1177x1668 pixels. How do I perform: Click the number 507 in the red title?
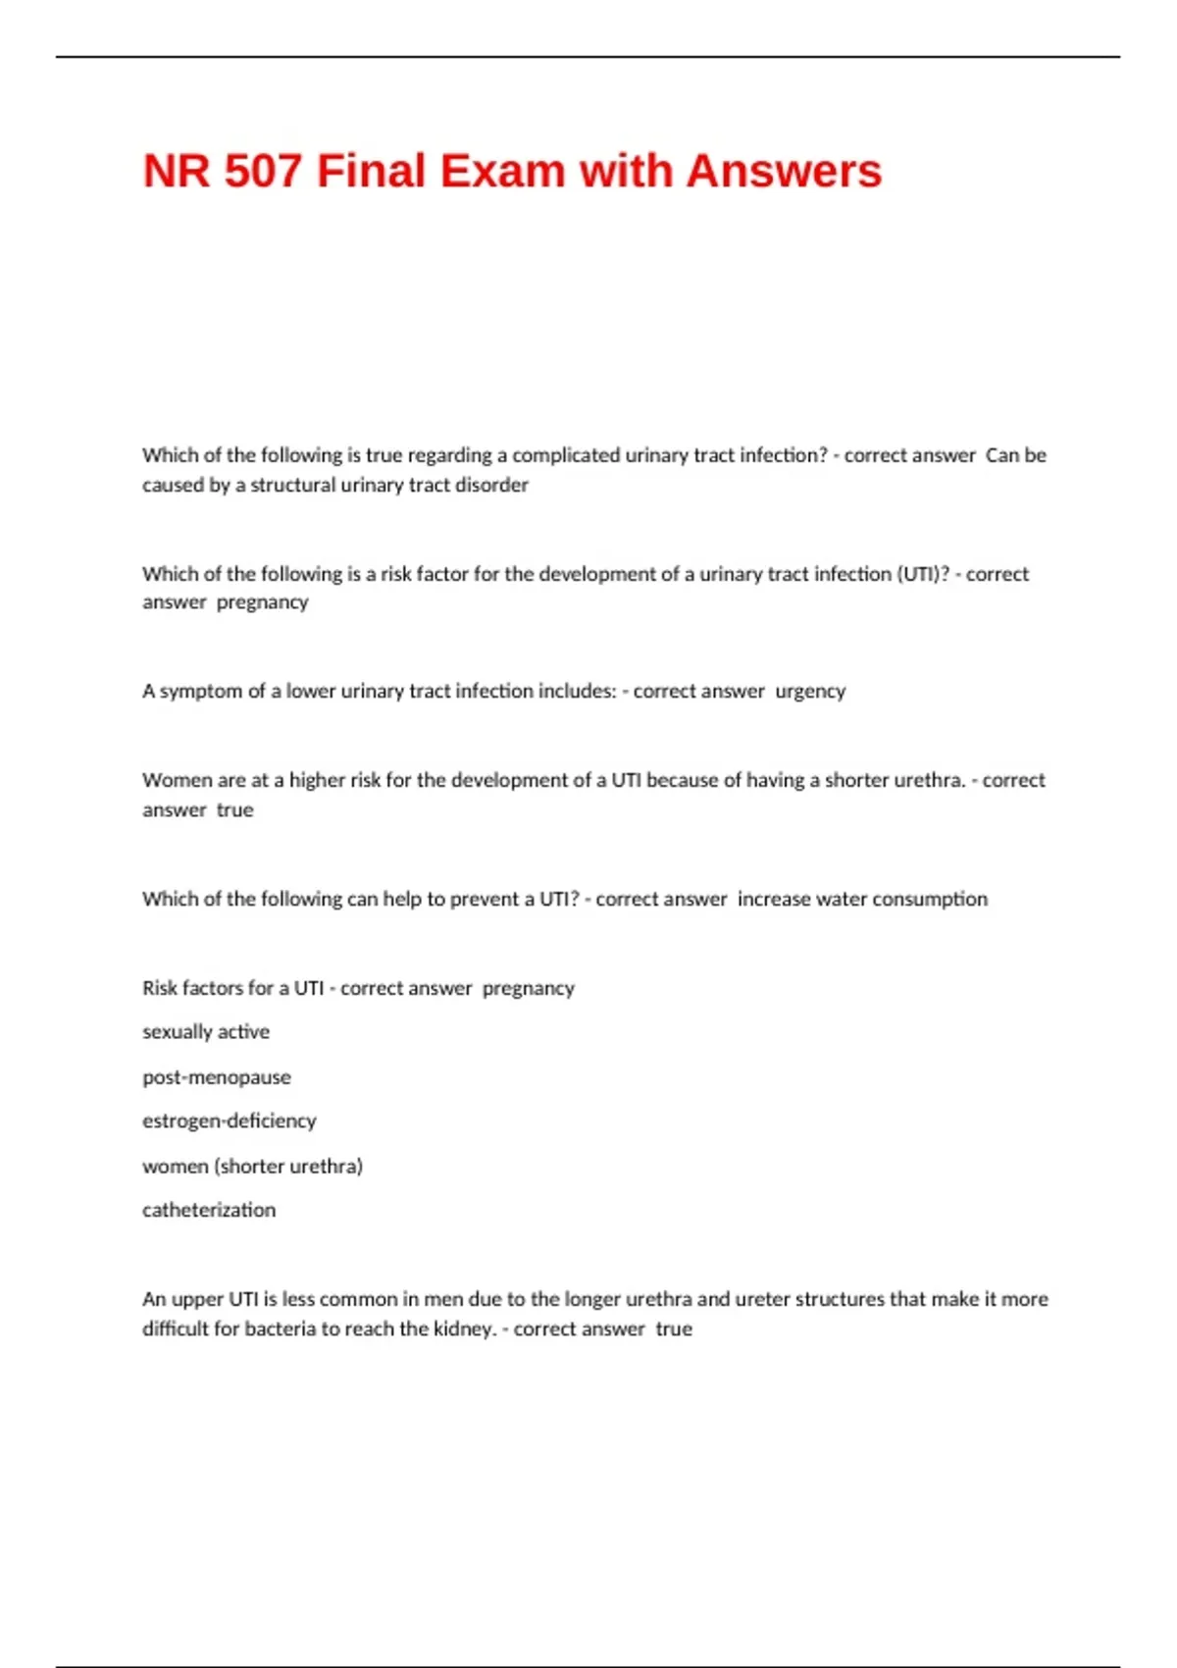262,171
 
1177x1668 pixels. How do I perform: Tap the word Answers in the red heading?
784,171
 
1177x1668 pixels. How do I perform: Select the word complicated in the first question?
566,455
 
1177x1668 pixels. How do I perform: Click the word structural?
293,485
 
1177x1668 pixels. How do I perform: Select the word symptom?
200,692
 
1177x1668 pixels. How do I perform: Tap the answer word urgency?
810,692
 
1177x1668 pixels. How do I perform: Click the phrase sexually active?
206,1032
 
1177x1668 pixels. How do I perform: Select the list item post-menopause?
217,1077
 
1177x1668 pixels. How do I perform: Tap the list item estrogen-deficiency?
230,1121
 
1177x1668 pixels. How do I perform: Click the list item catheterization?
209,1211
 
